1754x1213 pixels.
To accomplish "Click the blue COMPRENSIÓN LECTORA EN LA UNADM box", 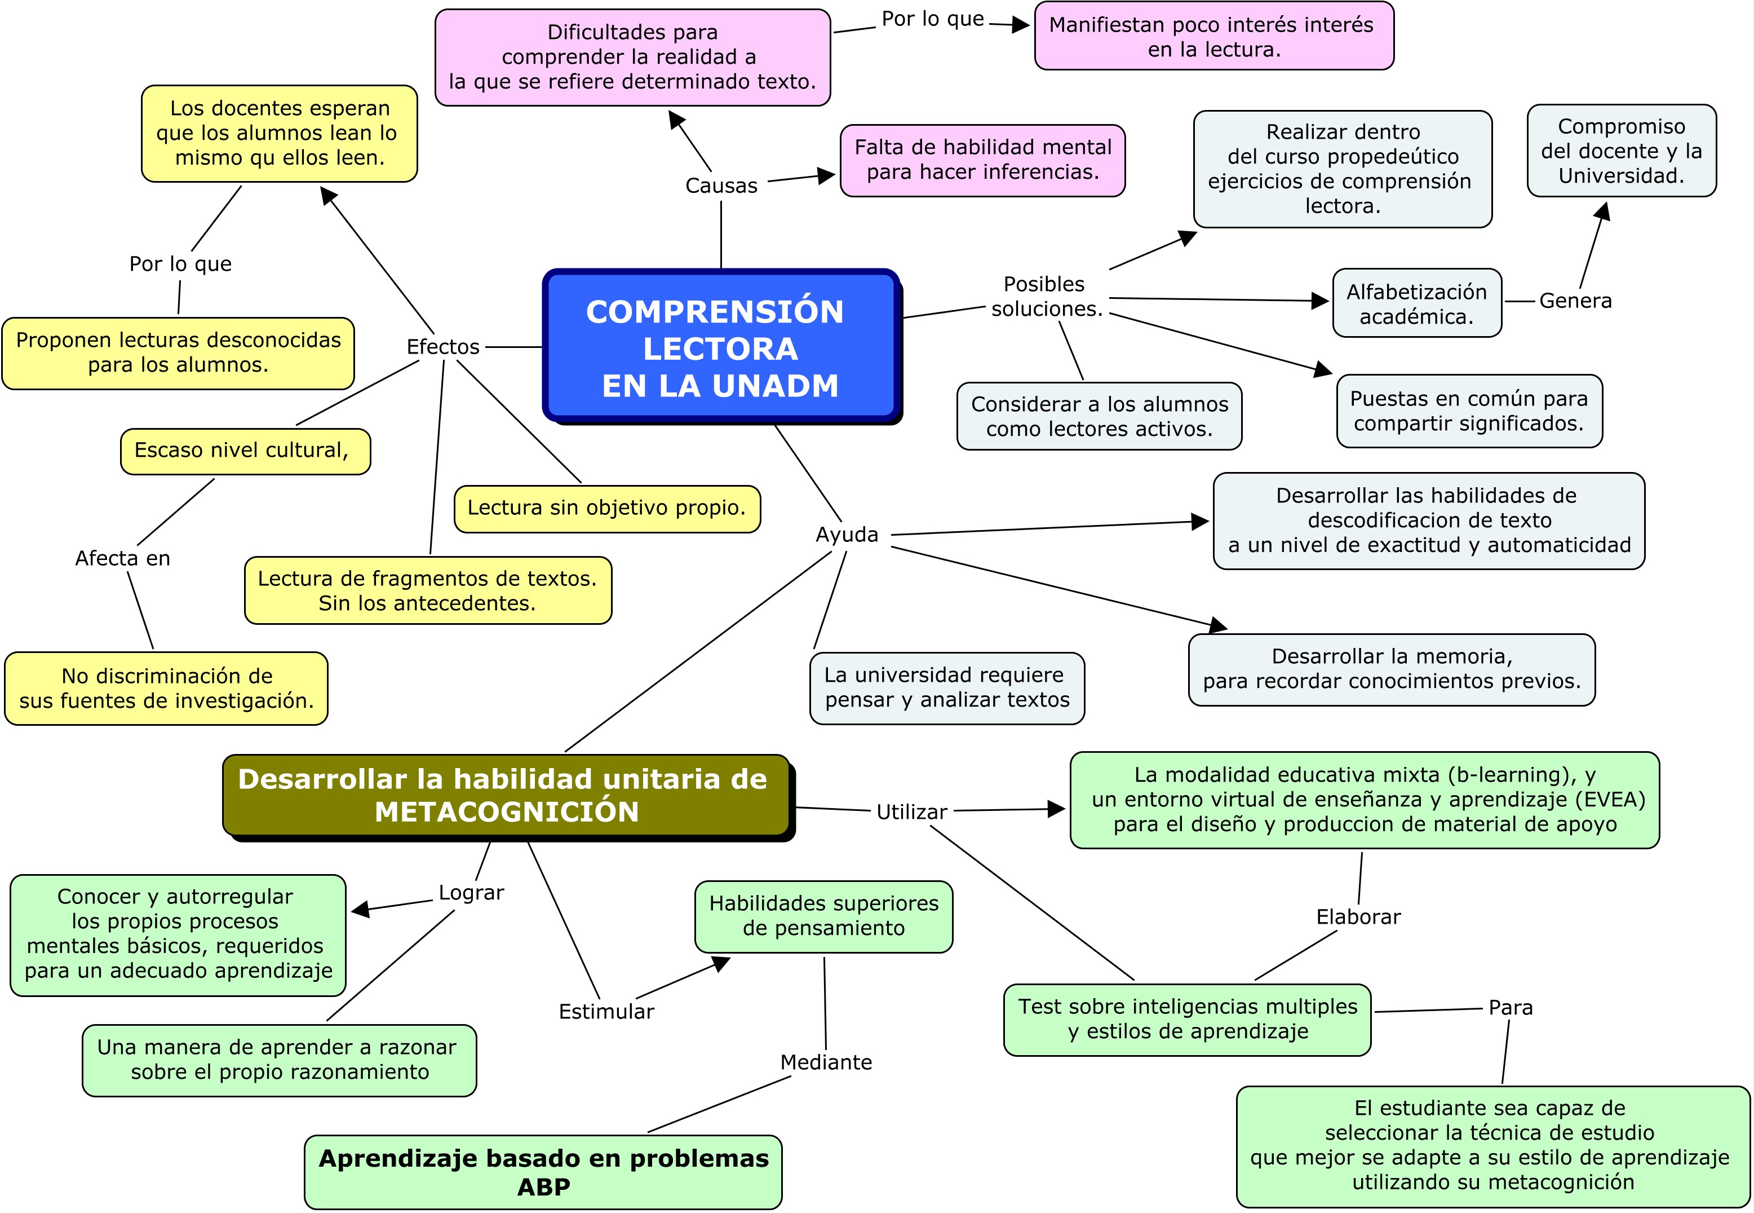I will pos(720,347).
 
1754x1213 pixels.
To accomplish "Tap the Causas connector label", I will pos(721,186).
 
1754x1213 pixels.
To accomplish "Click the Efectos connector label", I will pos(443,347).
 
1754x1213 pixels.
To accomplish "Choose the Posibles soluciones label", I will pos(1046,297).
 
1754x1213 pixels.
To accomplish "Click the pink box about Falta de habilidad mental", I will pos(982,160).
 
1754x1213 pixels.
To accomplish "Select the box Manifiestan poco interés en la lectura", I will pos(1213,37).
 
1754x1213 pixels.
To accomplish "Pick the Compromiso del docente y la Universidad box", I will pos(1621,151).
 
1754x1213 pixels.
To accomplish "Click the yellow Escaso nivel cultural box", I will pos(245,451).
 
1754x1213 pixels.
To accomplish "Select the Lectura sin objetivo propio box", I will pos(606,508).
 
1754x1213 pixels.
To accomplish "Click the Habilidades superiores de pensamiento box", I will pos(823,916).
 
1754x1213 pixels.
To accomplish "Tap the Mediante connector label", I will pos(826,1062).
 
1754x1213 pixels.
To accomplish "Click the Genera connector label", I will pos(1575,301).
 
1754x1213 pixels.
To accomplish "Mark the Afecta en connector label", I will pos(122,558).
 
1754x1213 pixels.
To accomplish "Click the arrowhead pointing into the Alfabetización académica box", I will pos(1319,301).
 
